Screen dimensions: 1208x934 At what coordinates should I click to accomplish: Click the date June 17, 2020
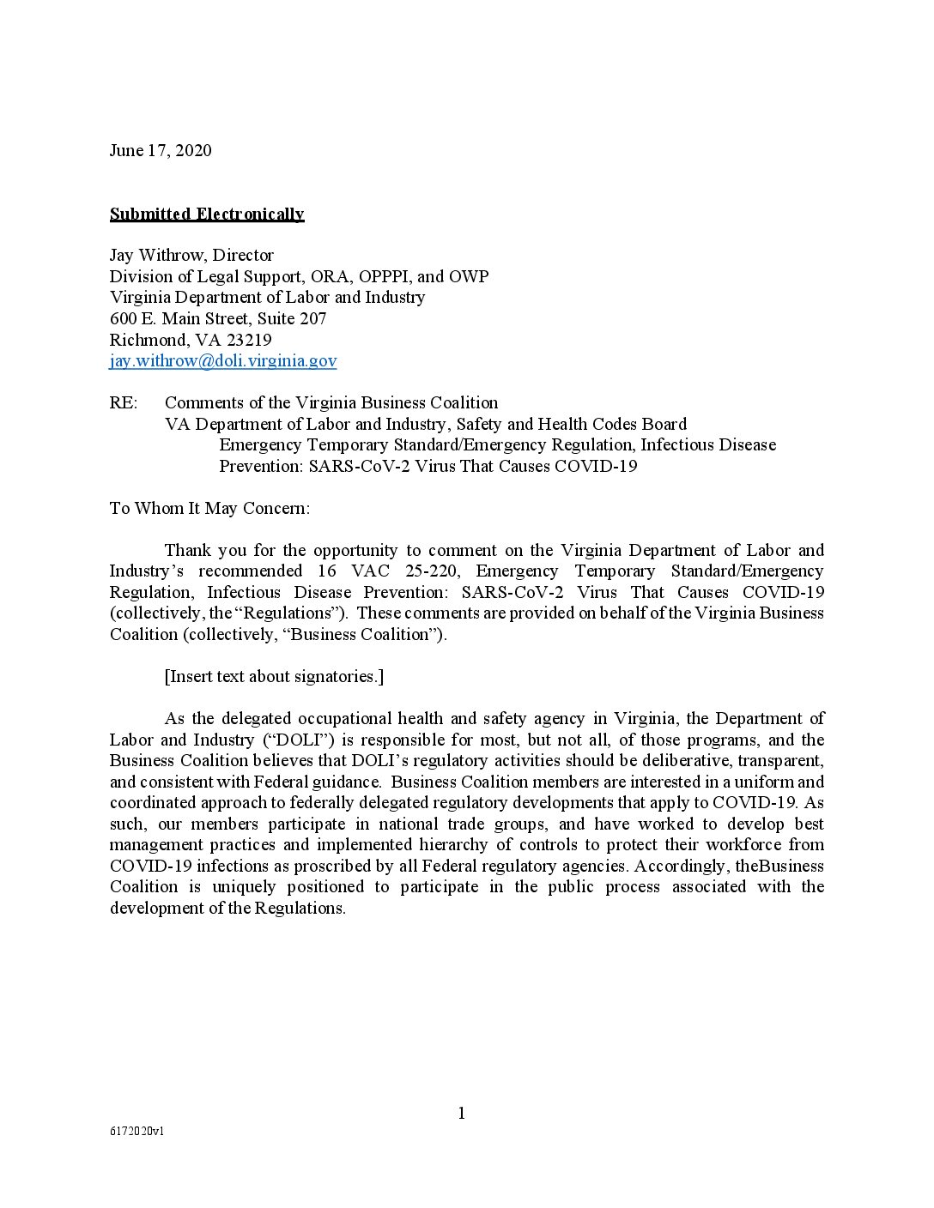pos(161,151)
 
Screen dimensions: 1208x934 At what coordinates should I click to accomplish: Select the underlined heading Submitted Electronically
pos(207,214)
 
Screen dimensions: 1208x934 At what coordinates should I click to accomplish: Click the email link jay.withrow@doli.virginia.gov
pos(223,360)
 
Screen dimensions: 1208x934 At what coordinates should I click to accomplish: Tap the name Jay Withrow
pos(156,255)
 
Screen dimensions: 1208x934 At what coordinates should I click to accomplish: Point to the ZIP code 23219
pos(249,340)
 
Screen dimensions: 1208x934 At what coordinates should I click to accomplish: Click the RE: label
pos(123,402)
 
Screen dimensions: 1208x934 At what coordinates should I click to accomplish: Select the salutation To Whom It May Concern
pos(209,508)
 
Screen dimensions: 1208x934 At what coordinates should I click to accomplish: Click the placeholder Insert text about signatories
pos(274,676)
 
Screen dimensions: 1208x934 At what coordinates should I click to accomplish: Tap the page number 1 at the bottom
pos(462,1114)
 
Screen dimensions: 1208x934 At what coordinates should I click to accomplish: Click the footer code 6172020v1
pos(137,1131)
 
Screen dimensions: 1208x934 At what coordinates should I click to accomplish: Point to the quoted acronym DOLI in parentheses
pos(297,740)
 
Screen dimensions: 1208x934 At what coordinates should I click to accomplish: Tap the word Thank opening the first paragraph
pos(188,550)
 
